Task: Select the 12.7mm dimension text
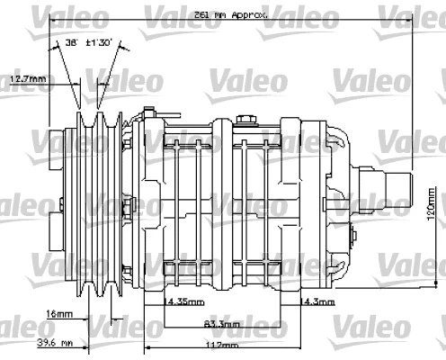pyautogui.click(x=27, y=79)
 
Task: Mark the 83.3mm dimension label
pyautogui.click(x=222, y=323)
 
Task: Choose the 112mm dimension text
pyautogui.click(x=221, y=345)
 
